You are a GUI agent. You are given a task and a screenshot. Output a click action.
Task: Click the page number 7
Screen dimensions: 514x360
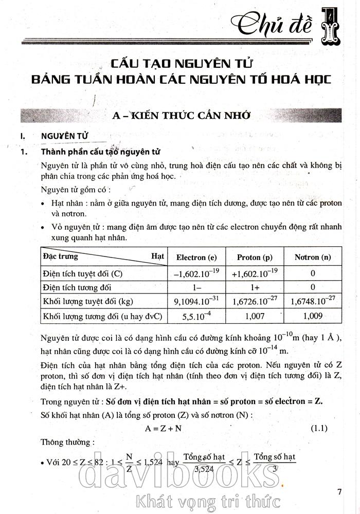point(339,491)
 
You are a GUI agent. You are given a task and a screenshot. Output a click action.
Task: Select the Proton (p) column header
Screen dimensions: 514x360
point(255,257)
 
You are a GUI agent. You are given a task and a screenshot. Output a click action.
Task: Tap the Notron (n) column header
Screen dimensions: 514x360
point(313,257)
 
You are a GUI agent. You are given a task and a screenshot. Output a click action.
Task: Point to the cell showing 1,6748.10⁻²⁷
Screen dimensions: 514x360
point(313,301)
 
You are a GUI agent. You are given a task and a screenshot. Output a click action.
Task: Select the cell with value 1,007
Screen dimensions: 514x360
point(255,316)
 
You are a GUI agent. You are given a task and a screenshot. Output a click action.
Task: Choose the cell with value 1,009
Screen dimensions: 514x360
point(313,316)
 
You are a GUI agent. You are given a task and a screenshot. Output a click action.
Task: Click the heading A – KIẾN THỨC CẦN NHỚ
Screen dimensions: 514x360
point(182,116)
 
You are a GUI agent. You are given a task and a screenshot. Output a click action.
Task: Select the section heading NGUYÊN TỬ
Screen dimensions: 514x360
point(65,136)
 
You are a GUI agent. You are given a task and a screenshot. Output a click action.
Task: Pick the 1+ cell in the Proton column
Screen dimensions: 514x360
point(255,287)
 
